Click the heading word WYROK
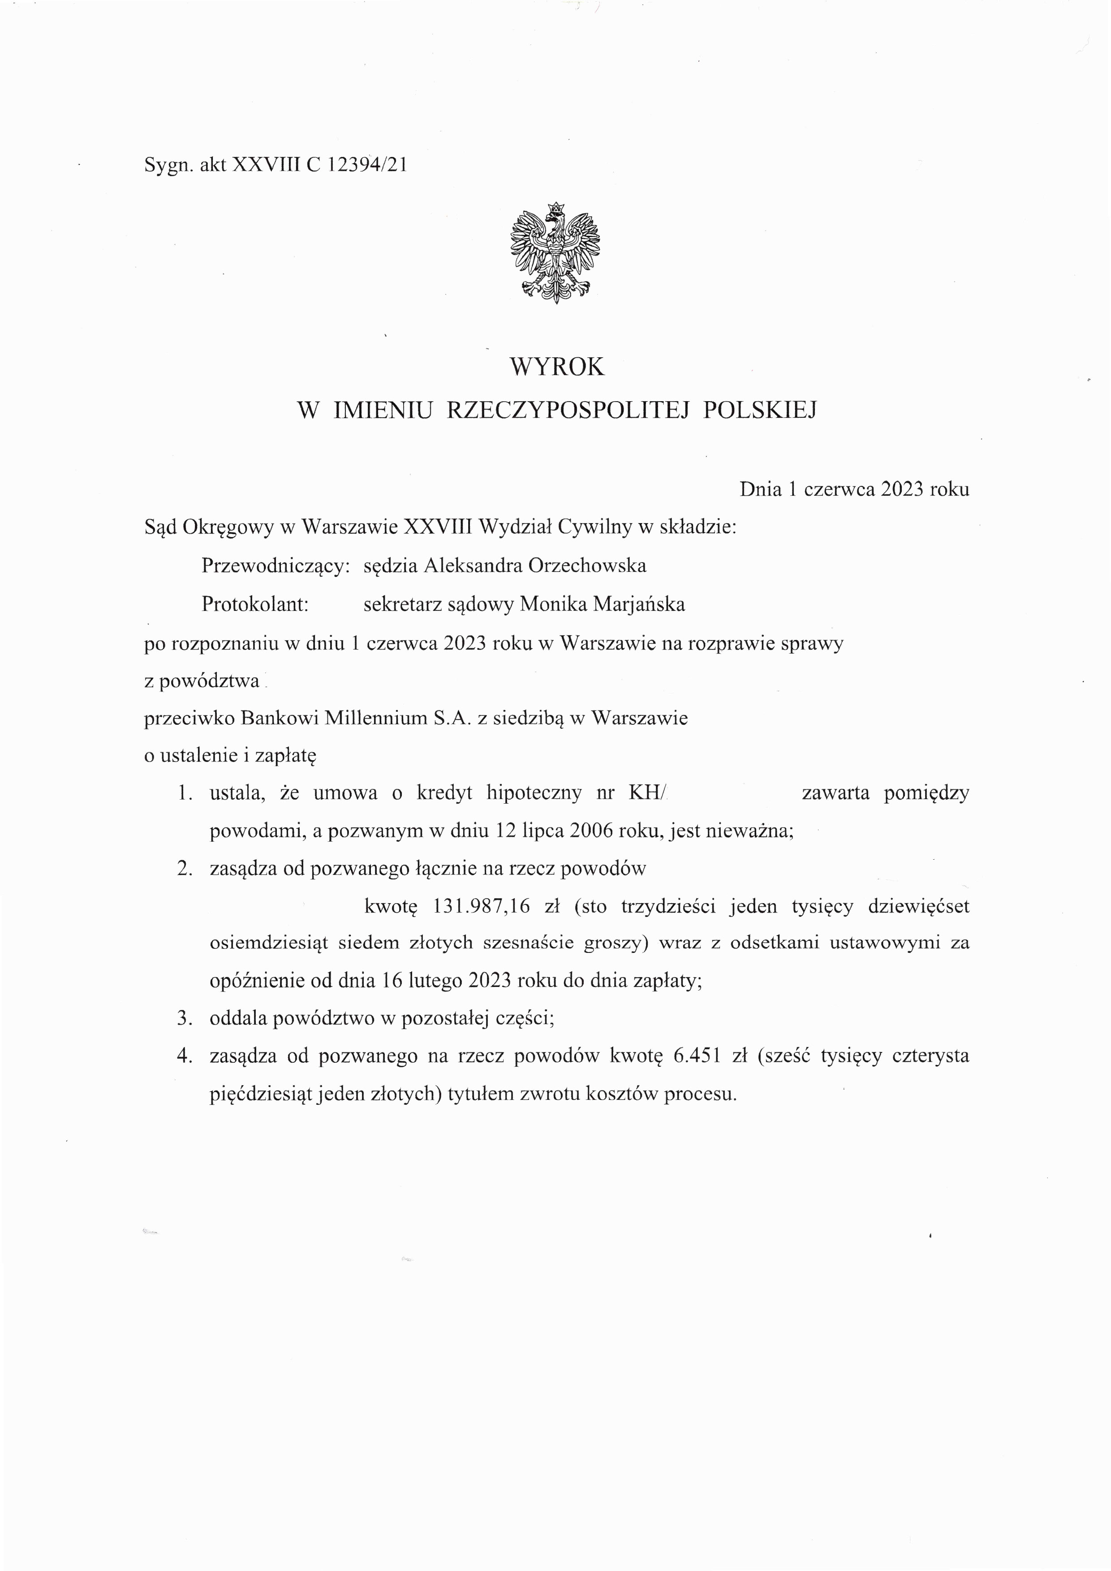tap(557, 367)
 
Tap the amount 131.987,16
tap(482, 906)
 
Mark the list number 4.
tap(183, 1056)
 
